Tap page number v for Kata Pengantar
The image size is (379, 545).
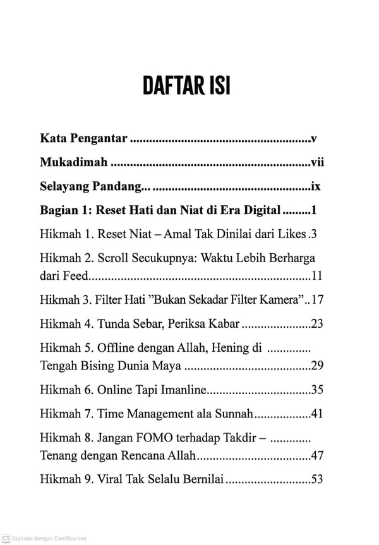point(313,137)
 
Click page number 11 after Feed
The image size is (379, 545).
point(317,275)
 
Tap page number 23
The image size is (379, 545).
point(317,324)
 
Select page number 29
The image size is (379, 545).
point(317,365)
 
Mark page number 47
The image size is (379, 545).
point(317,455)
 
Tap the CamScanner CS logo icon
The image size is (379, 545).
point(6,538)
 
